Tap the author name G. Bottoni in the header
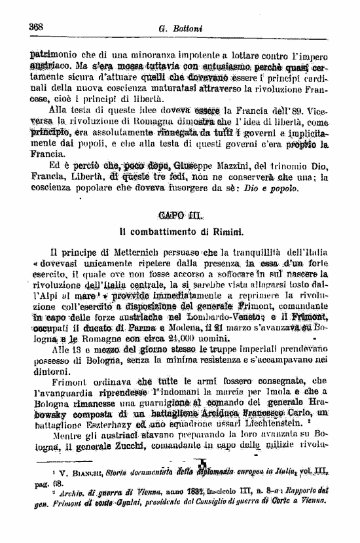click(181, 29)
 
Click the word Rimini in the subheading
click(225, 232)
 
